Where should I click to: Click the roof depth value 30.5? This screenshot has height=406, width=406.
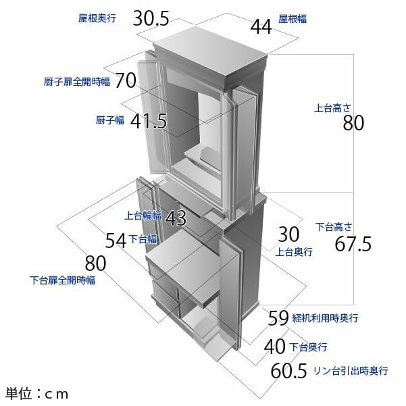151,18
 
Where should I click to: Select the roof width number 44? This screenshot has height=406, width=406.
260,26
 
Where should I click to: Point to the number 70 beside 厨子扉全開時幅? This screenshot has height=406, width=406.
126,81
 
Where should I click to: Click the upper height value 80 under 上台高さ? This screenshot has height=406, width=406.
353,124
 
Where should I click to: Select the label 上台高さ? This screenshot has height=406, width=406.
332,107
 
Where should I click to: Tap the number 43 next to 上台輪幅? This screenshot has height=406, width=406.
175,218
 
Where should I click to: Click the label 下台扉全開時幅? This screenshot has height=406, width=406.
62,280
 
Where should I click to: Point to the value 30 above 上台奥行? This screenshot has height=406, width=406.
288,234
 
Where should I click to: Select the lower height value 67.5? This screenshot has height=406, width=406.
353,244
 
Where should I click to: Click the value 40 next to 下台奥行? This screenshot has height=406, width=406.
274,347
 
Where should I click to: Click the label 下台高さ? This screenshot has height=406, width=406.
332,225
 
